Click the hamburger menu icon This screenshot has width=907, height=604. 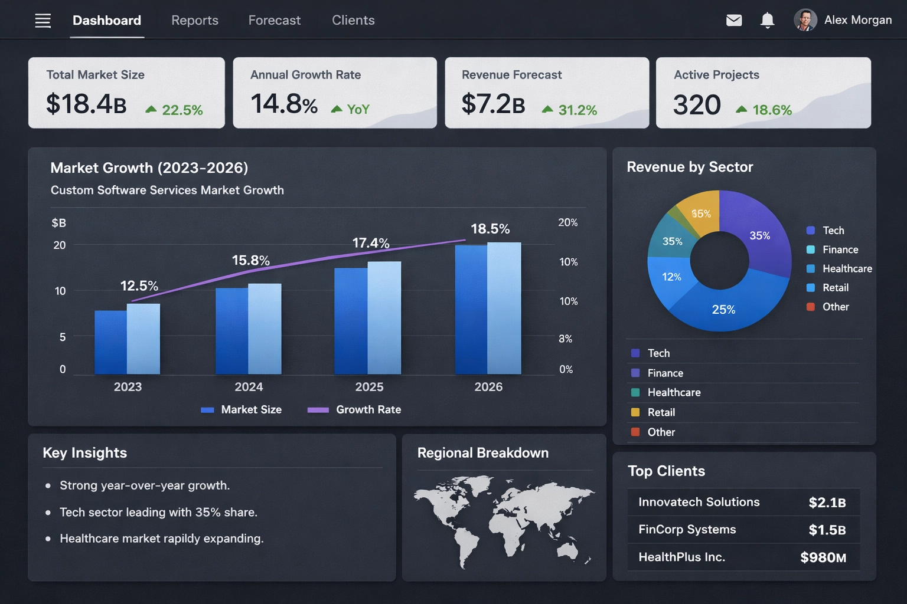(x=43, y=21)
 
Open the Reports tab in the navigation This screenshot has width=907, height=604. (x=194, y=21)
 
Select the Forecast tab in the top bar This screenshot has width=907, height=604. (x=274, y=21)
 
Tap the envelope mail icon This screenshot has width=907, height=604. (x=733, y=21)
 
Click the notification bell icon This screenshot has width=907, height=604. (x=767, y=21)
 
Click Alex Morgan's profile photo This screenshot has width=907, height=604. (x=805, y=20)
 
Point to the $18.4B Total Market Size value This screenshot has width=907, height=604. (x=86, y=104)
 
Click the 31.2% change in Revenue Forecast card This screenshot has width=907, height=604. (x=577, y=110)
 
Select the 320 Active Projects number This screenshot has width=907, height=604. (x=697, y=106)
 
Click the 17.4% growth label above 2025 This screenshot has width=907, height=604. (x=370, y=243)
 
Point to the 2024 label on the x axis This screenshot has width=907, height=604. (x=249, y=387)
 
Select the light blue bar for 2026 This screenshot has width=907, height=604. (x=504, y=308)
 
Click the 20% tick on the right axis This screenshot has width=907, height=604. (x=567, y=222)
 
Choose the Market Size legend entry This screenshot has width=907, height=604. (x=242, y=410)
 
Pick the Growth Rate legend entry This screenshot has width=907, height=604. (x=354, y=410)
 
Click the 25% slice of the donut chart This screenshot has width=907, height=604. (x=723, y=309)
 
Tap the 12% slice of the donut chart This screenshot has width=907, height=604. (x=671, y=277)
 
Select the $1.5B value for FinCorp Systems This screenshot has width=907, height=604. (x=827, y=530)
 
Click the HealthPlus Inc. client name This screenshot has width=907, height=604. (x=681, y=557)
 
